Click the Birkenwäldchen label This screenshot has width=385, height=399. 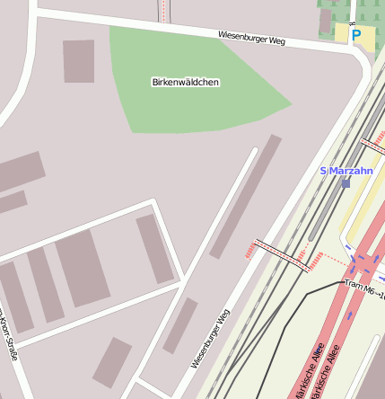(x=186, y=82)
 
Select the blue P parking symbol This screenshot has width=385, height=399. (x=356, y=36)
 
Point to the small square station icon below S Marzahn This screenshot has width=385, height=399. (x=346, y=182)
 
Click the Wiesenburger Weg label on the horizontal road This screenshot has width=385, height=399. (x=250, y=39)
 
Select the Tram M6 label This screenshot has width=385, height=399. (x=364, y=288)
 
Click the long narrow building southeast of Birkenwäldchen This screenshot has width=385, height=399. (x=246, y=196)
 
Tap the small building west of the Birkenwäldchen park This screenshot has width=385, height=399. (x=78, y=61)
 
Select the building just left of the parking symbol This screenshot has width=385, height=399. (x=326, y=20)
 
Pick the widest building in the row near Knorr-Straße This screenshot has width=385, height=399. (x=83, y=267)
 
